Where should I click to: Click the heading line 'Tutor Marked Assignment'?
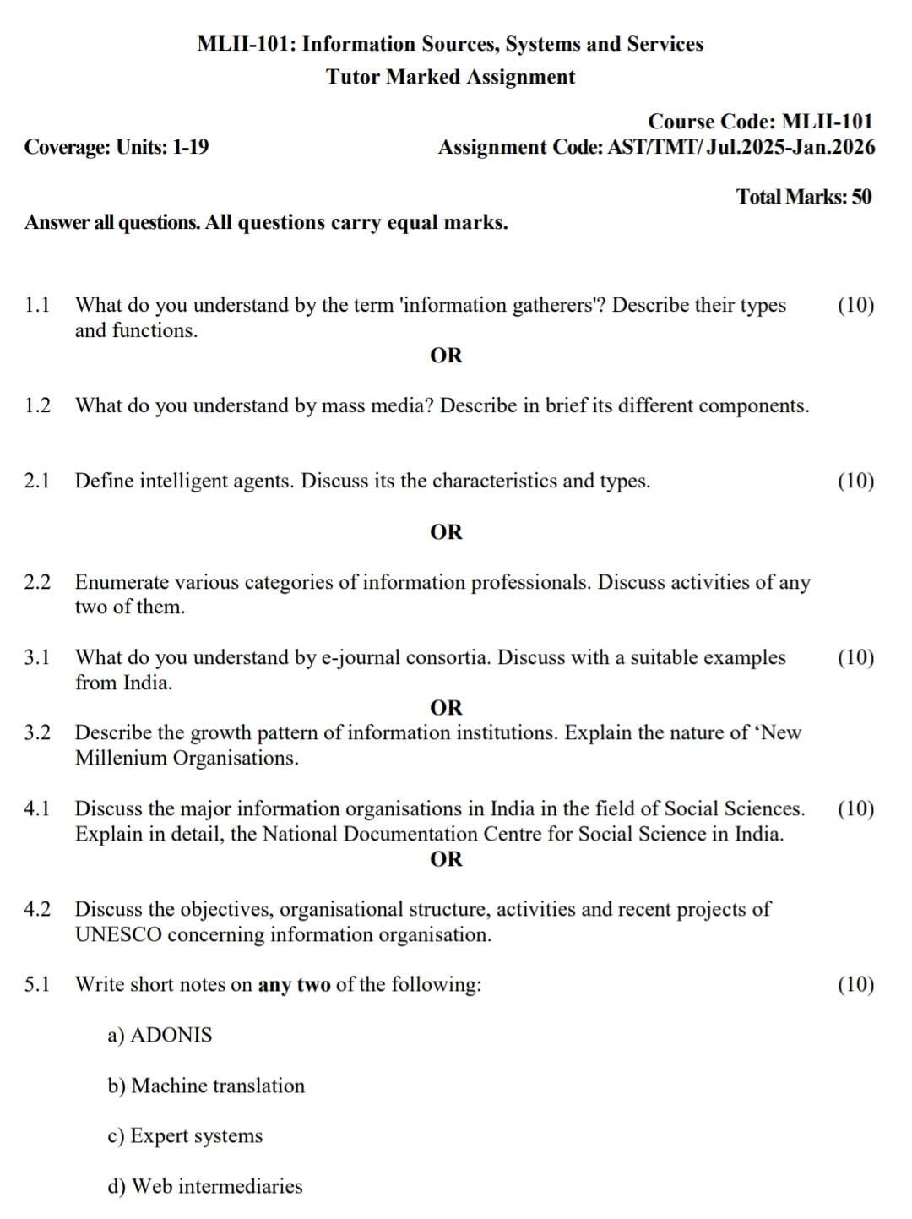(x=451, y=77)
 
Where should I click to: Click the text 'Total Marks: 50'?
(x=804, y=197)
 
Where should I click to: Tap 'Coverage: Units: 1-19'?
(x=117, y=147)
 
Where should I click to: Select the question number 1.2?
(x=37, y=405)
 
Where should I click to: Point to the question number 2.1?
(x=37, y=481)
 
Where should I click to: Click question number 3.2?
(x=37, y=732)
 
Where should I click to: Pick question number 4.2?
(x=37, y=909)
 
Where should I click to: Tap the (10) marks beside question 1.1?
(x=855, y=305)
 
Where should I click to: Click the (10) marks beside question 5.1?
(x=855, y=984)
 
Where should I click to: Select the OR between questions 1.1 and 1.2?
(x=446, y=356)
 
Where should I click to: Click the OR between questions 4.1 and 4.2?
(x=446, y=859)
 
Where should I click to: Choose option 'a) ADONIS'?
(x=160, y=1035)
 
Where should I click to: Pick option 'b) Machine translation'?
(x=206, y=1086)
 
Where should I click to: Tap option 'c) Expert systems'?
(x=185, y=1136)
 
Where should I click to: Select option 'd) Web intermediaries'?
(x=204, y=1186)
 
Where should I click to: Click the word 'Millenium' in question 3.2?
(x=122, y=758)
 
